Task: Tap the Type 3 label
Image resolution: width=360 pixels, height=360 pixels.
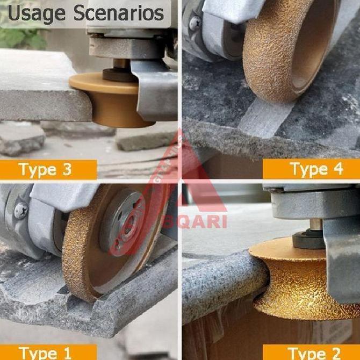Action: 45,170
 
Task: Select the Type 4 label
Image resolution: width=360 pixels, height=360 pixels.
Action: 316,169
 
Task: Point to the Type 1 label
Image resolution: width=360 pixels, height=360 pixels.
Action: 45,353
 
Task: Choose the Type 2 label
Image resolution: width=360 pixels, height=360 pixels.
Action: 316,353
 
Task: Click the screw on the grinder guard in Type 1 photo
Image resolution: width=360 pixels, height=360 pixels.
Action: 20,210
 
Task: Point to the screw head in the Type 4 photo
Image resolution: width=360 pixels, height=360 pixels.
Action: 195,23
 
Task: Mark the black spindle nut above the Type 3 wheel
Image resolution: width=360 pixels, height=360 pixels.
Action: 119,73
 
